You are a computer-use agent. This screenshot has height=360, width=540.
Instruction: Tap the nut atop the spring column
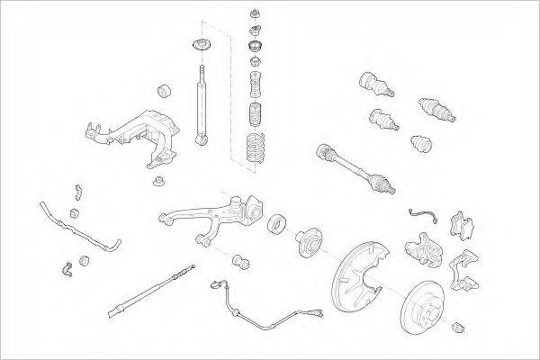click(256, 14)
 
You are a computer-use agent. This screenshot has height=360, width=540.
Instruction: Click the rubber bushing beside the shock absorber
click(165, 90)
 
